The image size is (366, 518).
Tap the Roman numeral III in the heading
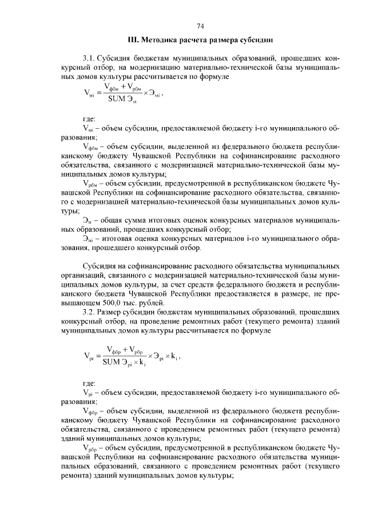(132, 41)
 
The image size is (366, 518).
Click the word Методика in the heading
(161, 41)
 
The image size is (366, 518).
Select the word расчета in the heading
(200, 41)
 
